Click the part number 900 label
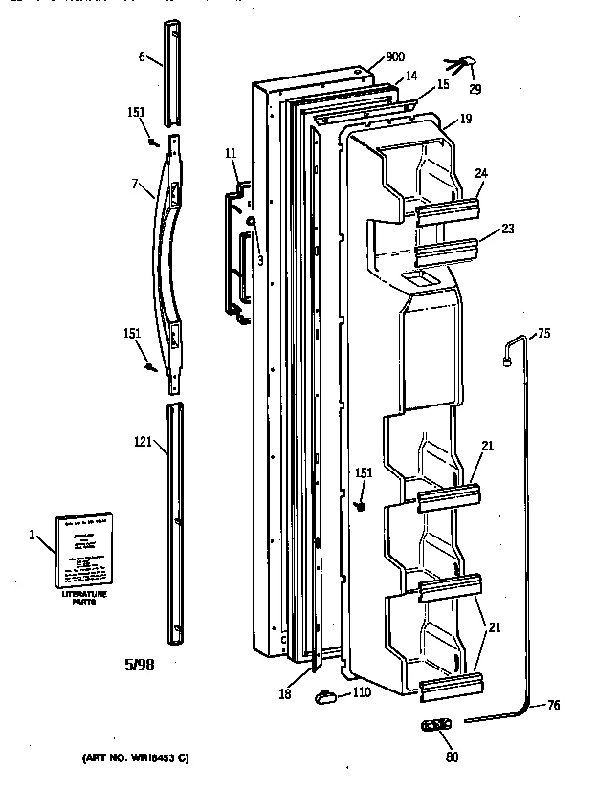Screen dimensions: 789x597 click(394, 57)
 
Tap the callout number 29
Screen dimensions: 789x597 click(475, 89)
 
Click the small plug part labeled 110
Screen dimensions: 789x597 click(326, 697)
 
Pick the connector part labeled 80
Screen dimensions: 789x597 click(435, 726)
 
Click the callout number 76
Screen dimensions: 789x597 click(554, 706)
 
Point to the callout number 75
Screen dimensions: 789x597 click(543, 334)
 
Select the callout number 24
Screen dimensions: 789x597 click(482, 173)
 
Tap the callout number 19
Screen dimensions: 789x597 click(465, 121)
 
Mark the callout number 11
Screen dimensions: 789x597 click(231, 153)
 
